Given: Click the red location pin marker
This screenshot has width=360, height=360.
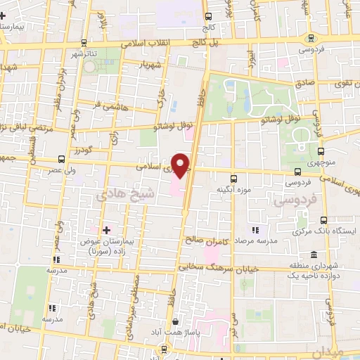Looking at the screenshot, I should (181, 164).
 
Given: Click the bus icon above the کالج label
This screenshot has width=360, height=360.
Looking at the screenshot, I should (208, 16).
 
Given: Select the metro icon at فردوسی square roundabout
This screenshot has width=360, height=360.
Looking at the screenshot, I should (310, 39).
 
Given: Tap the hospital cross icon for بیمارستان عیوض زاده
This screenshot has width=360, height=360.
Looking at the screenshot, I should (107, 230).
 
